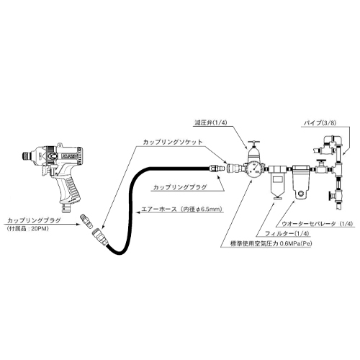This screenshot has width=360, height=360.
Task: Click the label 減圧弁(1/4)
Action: click(210, 122)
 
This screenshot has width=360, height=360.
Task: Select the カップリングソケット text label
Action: click(173, 142)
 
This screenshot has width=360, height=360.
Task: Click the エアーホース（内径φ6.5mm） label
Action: click(181, 210)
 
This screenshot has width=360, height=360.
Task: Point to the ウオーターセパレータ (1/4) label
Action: click(318, 224)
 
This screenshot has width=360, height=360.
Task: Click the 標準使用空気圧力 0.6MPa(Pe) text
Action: click(271, 243)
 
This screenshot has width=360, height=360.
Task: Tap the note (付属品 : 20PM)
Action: click(28, 229)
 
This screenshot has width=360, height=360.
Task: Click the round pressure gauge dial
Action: click(255, 169)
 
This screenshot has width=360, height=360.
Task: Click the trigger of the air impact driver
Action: click(44, 171)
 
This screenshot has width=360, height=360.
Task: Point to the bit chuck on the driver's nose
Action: click(26, 156)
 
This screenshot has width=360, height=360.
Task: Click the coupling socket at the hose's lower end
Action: click(100, 236)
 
